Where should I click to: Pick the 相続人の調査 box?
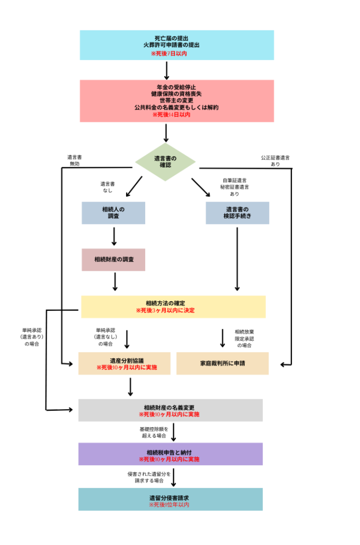113,212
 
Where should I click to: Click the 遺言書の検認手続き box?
237,212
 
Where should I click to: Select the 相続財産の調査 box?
113,259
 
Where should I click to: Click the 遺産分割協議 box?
124,363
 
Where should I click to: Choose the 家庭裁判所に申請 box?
222,364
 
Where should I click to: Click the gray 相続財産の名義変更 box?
170,410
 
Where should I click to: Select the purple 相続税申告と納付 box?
170,454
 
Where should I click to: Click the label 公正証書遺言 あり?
275,161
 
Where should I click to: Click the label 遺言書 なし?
107,187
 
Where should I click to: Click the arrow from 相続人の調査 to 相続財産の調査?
114,236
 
